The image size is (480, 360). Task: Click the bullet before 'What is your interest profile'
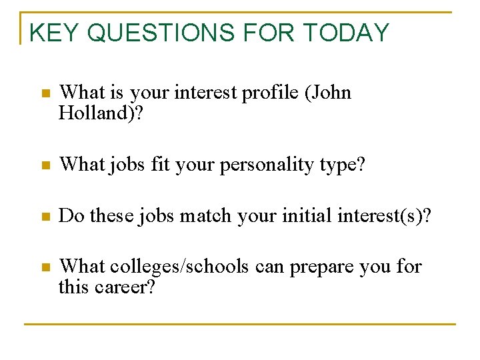coord(44,94)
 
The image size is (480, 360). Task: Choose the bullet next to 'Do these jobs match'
coord(44,217)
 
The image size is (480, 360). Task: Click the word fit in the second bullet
coord(160,165)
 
